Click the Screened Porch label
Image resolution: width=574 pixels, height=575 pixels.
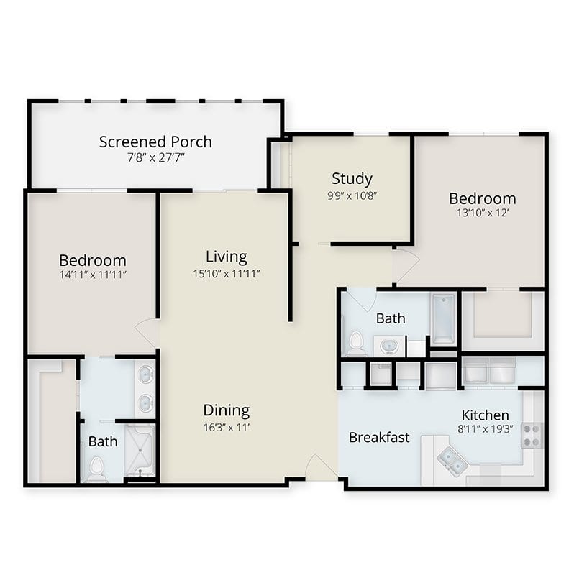pyautogui.click(x=155, y=142)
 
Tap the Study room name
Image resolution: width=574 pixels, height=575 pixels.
pyautogui.click(x=352, y=179)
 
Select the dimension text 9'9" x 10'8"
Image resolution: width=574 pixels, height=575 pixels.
pyautogui.click(x=352, y=195)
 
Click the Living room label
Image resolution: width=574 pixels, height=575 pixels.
pyautogui.click(x=227, y=257)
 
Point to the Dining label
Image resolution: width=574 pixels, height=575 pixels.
pyautogui.click(x=227, y=410)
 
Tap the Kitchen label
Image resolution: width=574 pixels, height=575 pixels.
pyautogui.click(x=486, y=415)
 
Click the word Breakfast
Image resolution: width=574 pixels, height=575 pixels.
pyautogui.click(x=379, y=437)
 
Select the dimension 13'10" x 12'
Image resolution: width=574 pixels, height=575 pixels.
pyautogui.click(x=483, y=213)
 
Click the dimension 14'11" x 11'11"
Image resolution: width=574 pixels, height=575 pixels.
pyautogui.click(x=93, y=275)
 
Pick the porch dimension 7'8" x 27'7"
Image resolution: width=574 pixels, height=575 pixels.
pyautogui.click(x=155, y=157)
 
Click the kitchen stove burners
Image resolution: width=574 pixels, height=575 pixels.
pyautogui.click(x=532, y=436)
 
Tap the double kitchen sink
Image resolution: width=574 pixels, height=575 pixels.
pyautogui.click(x=452, y=461)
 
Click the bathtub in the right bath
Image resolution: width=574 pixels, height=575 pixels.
pyautogui.click(x=443, y=318)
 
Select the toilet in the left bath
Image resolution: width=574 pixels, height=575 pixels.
pyautogui.click(x=96, y=469)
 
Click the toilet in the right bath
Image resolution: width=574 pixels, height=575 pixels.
pyautogui.click(x=355, y=344)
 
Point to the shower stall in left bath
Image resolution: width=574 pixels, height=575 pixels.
pyautogui.click(x=140, y=451)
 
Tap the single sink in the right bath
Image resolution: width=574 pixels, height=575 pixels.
pyautogui.click(x=389, y=346)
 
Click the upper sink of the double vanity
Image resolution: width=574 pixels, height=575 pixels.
pyautogui.click(x=146, y=374)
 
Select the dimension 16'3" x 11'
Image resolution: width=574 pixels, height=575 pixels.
pyautogui.click(x=227, y=428)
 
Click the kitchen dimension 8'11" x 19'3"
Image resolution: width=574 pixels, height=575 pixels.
pyautogui.click(x=486, y=428)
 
